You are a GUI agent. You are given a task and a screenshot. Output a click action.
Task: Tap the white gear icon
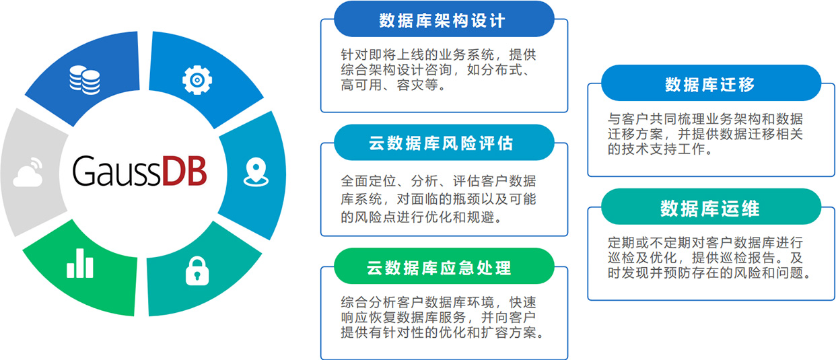[x=197, y=80]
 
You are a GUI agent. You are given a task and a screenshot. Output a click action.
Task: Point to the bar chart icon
[x=79, y=264]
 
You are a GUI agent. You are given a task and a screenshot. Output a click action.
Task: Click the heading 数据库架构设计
[x=442, y=20]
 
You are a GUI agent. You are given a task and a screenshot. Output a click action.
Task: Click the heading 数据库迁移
[x=710, y=84]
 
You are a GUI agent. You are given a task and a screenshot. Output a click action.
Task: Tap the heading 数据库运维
[x=710, y=209]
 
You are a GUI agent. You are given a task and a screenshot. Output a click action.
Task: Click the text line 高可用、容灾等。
[x=393, y=85]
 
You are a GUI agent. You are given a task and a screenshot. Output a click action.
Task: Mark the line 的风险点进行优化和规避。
[x=421, y=217]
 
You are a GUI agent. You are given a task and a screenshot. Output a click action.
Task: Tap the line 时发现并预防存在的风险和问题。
[x=708, y=274]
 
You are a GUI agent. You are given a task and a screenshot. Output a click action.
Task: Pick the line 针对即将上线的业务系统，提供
[x=439, y=55]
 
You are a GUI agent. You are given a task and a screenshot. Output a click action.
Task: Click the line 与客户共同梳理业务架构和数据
[x=705, y=118]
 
